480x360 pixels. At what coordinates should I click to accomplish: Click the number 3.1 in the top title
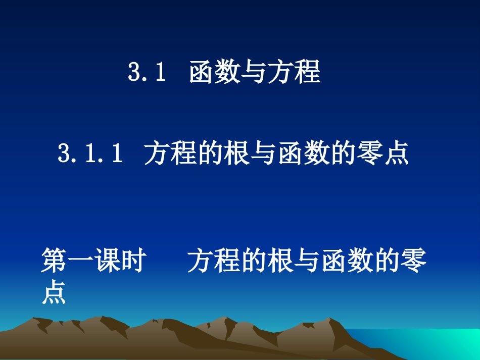coord(147,73)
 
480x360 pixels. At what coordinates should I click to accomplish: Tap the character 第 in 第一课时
coord(54,262)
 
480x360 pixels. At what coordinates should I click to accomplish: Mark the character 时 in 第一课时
coord(134,262)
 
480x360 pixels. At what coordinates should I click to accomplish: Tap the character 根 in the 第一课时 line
coord(280,262)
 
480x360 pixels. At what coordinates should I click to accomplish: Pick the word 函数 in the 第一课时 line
coord(347,262)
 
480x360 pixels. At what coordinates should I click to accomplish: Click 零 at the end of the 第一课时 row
coord(414,262)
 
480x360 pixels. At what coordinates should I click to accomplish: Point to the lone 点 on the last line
coord(54,293)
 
